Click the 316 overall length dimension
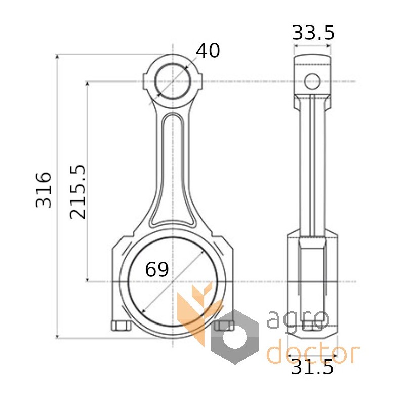(x=44, y=189)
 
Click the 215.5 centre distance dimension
(x=77, y=192)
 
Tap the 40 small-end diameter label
(x=208, y=50)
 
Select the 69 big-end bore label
(x=157, y=269)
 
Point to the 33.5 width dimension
(x=313, y=33)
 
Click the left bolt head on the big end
(x=121, y=326)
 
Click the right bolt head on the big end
(x=224, y=326)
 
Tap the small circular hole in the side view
(x=312, y=82)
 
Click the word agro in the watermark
(x=298, y=319)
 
